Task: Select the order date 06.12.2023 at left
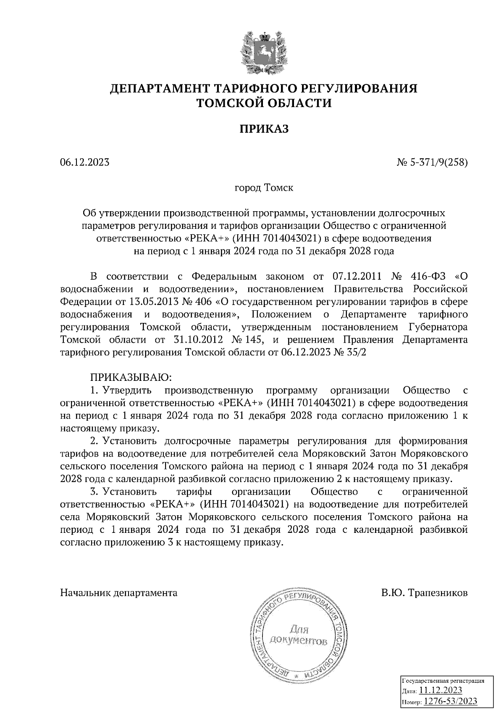click(85, 163)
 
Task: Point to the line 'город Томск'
click(264, 188)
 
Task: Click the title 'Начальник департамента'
click(119, 593)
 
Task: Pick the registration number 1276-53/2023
click(450, 702)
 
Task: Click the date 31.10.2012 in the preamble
click(197, 340)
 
